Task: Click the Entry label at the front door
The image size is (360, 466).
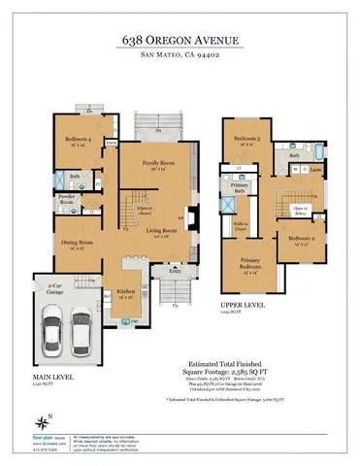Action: pyautogui.click(x=175, y=273)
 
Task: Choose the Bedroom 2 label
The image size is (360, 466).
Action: pyautogui.click(x=298, y=237)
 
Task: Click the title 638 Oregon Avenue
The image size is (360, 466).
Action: pyautogui.click(x=180, y=40)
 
